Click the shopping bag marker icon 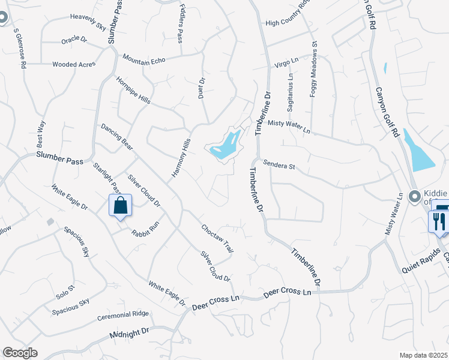[x=121, y=205]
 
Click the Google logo [x=20, y=353]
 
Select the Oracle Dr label [x=74, y=41]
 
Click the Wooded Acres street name [x=74, y=64]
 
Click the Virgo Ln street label [x=286, y=62]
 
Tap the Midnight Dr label [x=129, y=333]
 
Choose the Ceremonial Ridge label [x=123, y=314]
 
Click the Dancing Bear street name [x=117, y=137]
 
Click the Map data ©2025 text [x=423, y=355]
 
